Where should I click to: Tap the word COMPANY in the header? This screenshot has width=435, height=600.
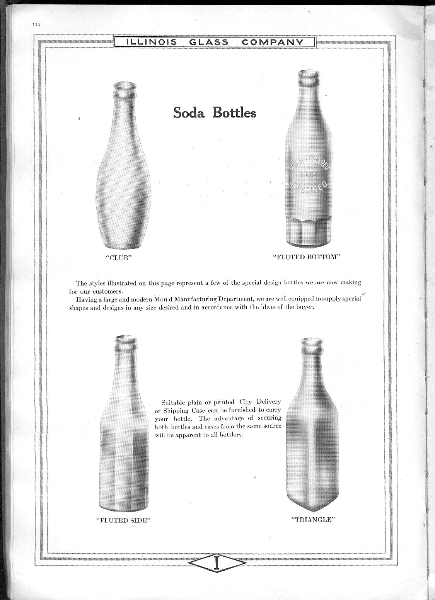[273, 42]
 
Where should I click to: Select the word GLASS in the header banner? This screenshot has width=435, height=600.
[209, 42]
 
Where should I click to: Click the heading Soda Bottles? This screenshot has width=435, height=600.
[214, 112]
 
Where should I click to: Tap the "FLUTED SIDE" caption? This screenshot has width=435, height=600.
[123, 520]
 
